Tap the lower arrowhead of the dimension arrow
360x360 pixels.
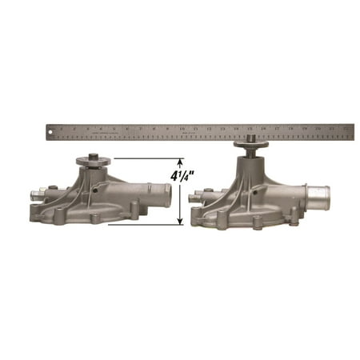(x=179, y=221)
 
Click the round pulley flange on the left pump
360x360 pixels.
(x=93, y=161)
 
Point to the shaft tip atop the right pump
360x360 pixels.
(x=251, y=138)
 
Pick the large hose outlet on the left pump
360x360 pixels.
(x=158, y=193)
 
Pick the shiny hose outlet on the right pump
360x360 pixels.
(x=318, y=194)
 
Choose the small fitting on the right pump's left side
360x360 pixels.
(x=198, y=194)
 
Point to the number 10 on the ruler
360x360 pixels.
(x=182, y=127)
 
